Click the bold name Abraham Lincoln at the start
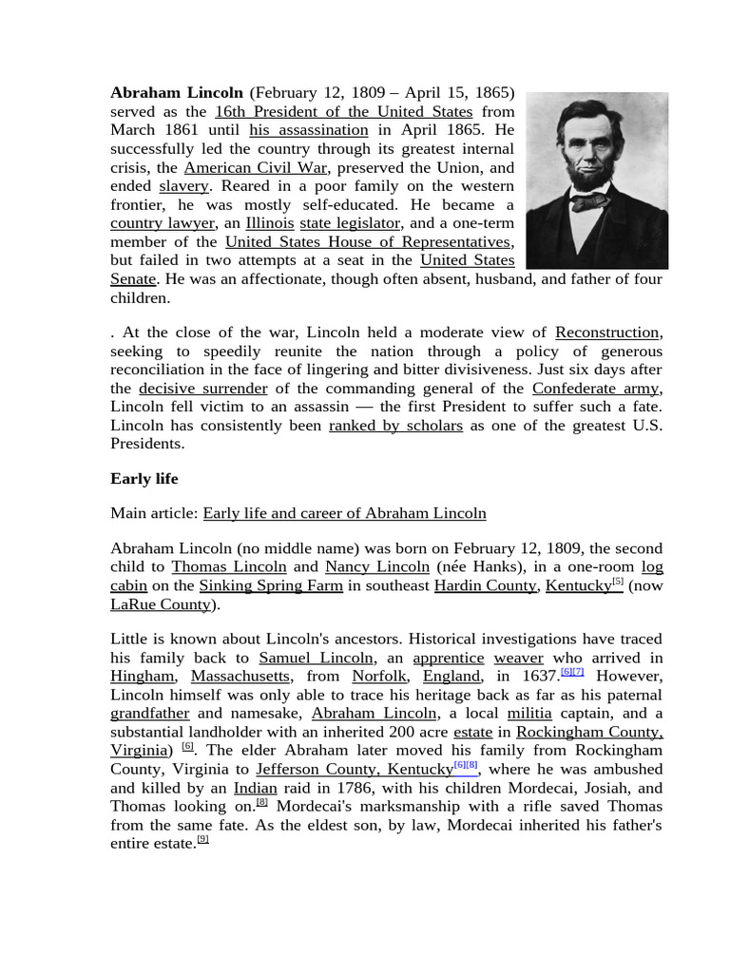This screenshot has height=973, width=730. pyautogui.click(x=177, y=93)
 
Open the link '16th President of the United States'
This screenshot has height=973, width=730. pyautogui.click(x=343, y=112)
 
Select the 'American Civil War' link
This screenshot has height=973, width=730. pyautogui.click(x=255, y=167)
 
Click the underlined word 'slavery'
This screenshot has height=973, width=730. pyautogui.click(x=183, y=186)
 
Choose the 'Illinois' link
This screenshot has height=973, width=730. pyautogui.click(x=270, y=223)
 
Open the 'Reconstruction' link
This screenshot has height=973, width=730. pyautogui.click(x=606, y=333)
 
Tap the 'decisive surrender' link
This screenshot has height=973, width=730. pyautogui.click(x=202, y=389)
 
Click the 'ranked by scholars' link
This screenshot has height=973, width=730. pyautogui.click(x=395, y=426)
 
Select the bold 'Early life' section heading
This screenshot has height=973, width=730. pyautogui.click(x=144, y=479)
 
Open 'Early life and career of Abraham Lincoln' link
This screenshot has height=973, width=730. pyautogui.click(x=344, y=513)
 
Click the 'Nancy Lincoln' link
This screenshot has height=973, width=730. pyautogui.click(x=376, y=567)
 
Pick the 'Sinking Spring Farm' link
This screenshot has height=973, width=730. pyautogui.click(x=271, y=585)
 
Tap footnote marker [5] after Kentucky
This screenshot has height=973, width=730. pyautogui.click(x=618, y=582)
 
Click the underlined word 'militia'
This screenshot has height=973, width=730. pyautogui.click(x=529, y=714)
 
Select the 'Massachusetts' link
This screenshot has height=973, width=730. pyautogui.click(x=240, y=677)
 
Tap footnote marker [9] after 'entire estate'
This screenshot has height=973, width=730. pyautogui.click(x=202, y=839)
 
